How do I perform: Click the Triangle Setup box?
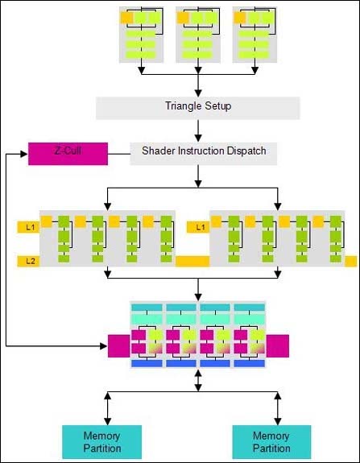pos(197,108)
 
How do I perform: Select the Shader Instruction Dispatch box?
pos(204,154)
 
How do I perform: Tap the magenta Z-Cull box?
pos(68,154)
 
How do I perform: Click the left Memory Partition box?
pos(102,442)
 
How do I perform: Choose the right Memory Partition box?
pos(271,442)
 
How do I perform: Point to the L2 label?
pos(28,261)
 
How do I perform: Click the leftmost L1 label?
pos(28,227)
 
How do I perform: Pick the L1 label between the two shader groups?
pos(198,227)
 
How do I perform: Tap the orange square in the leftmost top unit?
pos(126,18)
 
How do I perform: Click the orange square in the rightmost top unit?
pos(240,18)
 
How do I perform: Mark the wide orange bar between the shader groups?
pos(192,262)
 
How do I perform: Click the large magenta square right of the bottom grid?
pos(278,345)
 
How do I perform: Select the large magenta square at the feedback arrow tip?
pos(119,345)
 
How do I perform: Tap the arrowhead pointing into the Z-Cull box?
pos(24,154)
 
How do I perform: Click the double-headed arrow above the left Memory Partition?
pos(108,408)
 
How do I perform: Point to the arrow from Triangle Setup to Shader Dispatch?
pos(198,130)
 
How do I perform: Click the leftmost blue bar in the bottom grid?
pos(147,363)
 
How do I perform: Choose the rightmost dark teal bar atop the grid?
pos(249,308)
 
